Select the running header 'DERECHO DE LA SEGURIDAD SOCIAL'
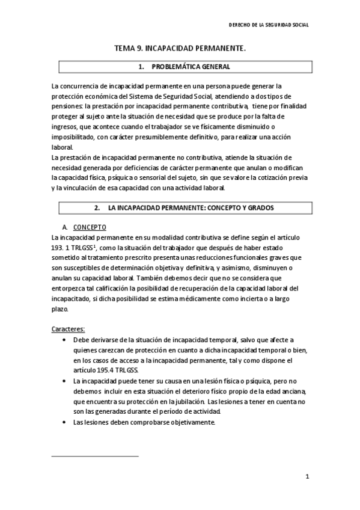point(270,25)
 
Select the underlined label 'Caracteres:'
point(68,329)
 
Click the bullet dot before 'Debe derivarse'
point(64,340)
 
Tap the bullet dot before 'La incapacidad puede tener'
point(64,381)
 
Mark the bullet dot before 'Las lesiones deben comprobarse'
point(64,423)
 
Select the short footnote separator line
point(95,456)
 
